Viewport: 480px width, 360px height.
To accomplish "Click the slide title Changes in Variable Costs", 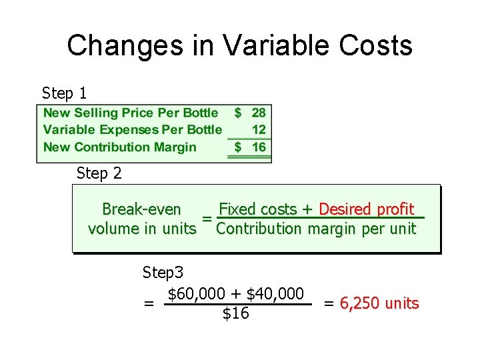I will point(240,46).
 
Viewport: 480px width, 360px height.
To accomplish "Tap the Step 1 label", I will point(64,93).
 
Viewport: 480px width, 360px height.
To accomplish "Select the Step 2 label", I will point(99,174).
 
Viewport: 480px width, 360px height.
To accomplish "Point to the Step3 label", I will point(163,273).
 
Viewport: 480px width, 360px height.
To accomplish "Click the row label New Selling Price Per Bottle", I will point(131,113).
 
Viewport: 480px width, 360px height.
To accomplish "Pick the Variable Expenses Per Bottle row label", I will point(133,130).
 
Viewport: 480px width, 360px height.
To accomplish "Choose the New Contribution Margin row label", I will point(120,147).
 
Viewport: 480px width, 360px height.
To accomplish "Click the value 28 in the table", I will point(258,113).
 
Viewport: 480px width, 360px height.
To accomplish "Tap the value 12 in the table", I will point(259,130).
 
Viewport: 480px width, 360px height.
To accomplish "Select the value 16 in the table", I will point(259,147).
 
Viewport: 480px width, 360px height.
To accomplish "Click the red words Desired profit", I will point(367,209).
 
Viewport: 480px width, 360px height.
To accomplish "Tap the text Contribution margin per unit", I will point(316,229).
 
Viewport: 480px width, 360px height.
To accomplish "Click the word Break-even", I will point(141,209).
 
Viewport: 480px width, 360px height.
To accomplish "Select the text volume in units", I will point(142,229).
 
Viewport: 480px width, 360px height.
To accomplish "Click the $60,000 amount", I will point(199,294).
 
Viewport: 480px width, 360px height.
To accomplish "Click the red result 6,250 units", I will point(379,304).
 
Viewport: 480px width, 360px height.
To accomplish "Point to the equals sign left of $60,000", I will point(149,304).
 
